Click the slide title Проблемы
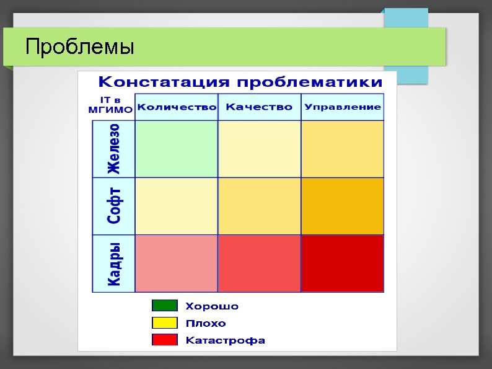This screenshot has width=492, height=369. (x=79, y=47)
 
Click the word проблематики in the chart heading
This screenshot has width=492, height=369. (x=309, y=82)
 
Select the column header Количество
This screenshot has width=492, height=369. (x=177, y=107)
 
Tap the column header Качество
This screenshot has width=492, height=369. (x=259, y=107)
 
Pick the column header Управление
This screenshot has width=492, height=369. (x=342, y=107)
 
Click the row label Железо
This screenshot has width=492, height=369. (x=113, y=149)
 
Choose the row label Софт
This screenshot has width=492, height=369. (x=113, y=206)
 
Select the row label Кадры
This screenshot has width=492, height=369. (x=113, y=264)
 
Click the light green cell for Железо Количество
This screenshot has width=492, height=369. (x=177, y=149)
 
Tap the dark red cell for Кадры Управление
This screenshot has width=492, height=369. (x=342, y=263)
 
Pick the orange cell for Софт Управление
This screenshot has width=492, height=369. (x=342, y=206)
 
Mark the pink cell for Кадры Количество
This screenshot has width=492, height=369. (x=177, y=263)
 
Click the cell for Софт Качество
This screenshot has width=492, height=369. (x=259, y=206)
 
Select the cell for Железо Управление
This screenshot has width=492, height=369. (x=342, y=149)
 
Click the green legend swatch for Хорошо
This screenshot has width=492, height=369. (x=165, y=306)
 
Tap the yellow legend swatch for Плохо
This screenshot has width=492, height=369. (x=165, y=323)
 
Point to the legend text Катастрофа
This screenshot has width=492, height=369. (x=226, y=340)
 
